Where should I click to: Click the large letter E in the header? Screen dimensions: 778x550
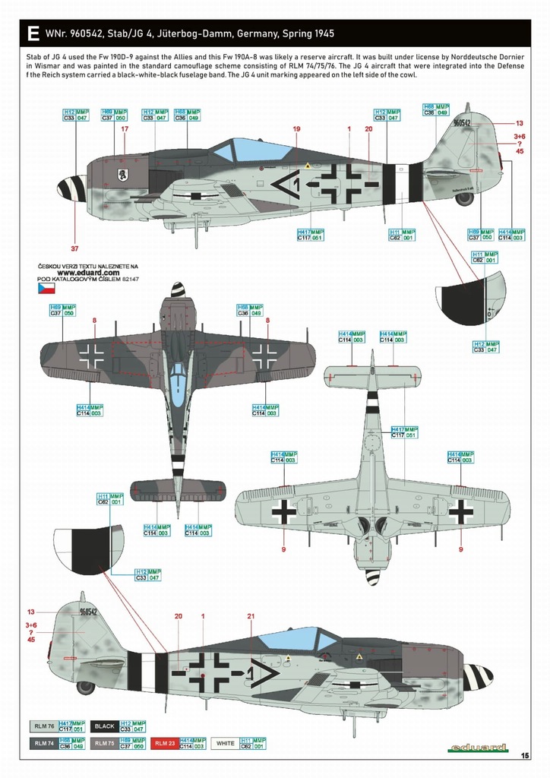(x=32, y=34)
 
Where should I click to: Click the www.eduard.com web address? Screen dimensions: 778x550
(x=87, y=273)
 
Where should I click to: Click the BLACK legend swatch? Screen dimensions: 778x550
(x=105, y=726)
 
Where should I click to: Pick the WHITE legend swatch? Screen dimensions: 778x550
(x=224, y=744)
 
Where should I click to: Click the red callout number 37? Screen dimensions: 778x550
(x=74, y=248)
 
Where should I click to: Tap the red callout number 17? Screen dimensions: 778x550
(x=125, y=129)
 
